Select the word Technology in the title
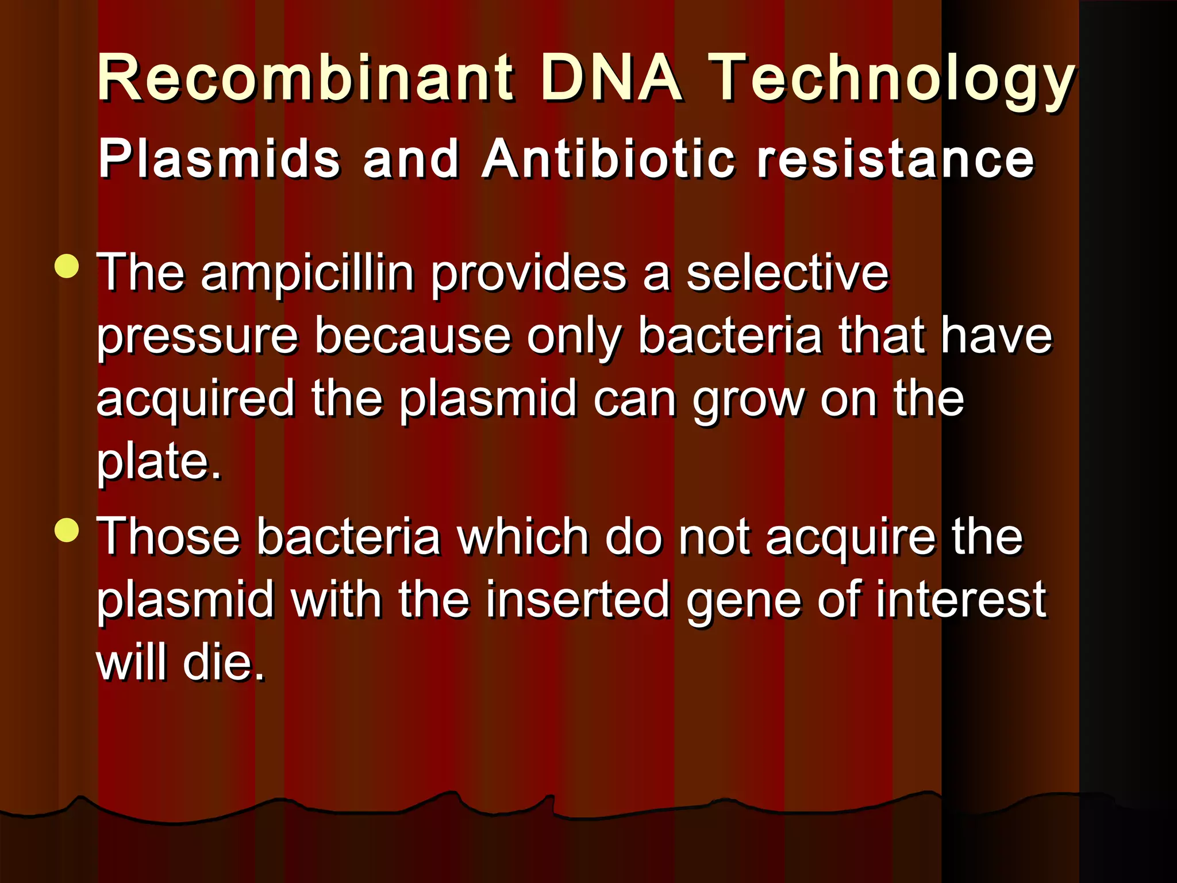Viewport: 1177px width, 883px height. pyautogui.click(x=892, y=80)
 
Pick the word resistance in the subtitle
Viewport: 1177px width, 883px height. pyautogui.click(x=895, y=160)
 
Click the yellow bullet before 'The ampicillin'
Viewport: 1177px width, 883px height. pyautogui.click(x=68, y=266)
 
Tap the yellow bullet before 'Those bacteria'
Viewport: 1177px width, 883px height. pyautogui.click(x=68, y=530)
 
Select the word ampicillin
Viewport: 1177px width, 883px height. pyautogui.click(x=307, y=275)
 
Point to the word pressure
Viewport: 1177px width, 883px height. pyautogui.click(x=197, y=338)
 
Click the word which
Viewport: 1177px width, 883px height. pyautogui.click(x=522, y=537)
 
